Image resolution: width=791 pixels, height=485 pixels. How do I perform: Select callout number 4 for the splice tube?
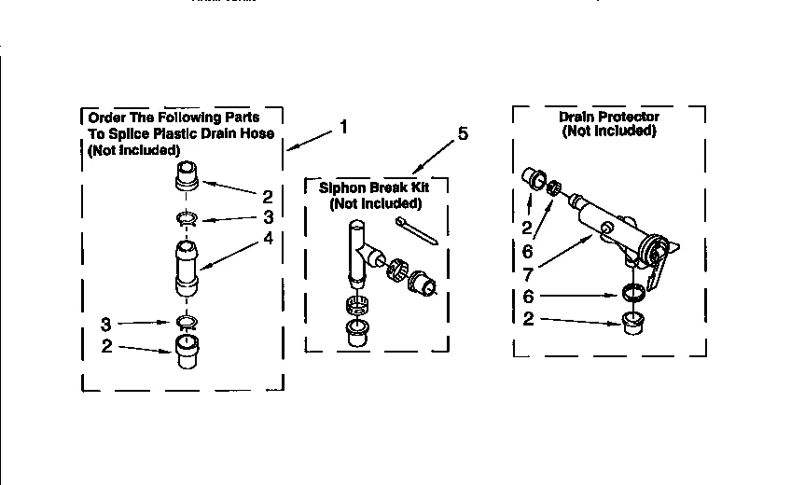coord(268,237)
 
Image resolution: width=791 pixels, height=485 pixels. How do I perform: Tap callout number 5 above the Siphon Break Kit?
coord(464,134)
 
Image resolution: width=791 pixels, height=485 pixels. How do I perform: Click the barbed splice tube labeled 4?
coord(186,269)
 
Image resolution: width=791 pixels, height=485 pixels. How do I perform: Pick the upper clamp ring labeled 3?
coord(186,220)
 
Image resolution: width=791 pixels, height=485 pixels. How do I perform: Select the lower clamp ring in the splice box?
coord(186,322)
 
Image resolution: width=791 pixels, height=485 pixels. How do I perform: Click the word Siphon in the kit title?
coord(340,187)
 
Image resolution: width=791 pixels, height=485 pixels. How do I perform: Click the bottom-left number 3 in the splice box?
coord(105,325)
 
